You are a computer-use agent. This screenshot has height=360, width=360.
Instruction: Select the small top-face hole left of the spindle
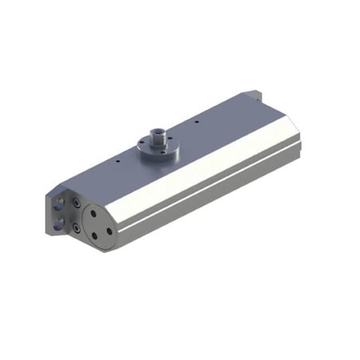click(x=115, y=160)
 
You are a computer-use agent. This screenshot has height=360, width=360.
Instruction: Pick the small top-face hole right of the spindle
click(x=196, y=122)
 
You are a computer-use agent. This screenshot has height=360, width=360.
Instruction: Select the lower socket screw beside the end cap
click(x=76, y=227)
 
